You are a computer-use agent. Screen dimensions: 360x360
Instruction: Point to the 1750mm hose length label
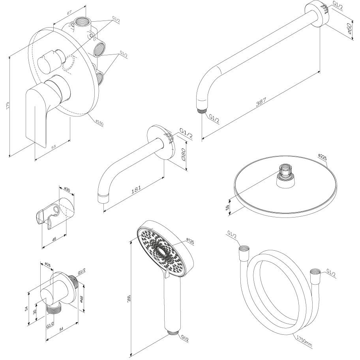pyautogui.click(x=304, y=341)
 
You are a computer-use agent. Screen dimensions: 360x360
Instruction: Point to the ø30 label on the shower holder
pyautogui.click(x=67, y=190)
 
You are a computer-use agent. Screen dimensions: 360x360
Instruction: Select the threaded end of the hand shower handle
pyautogui.click(x=172, y=332)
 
